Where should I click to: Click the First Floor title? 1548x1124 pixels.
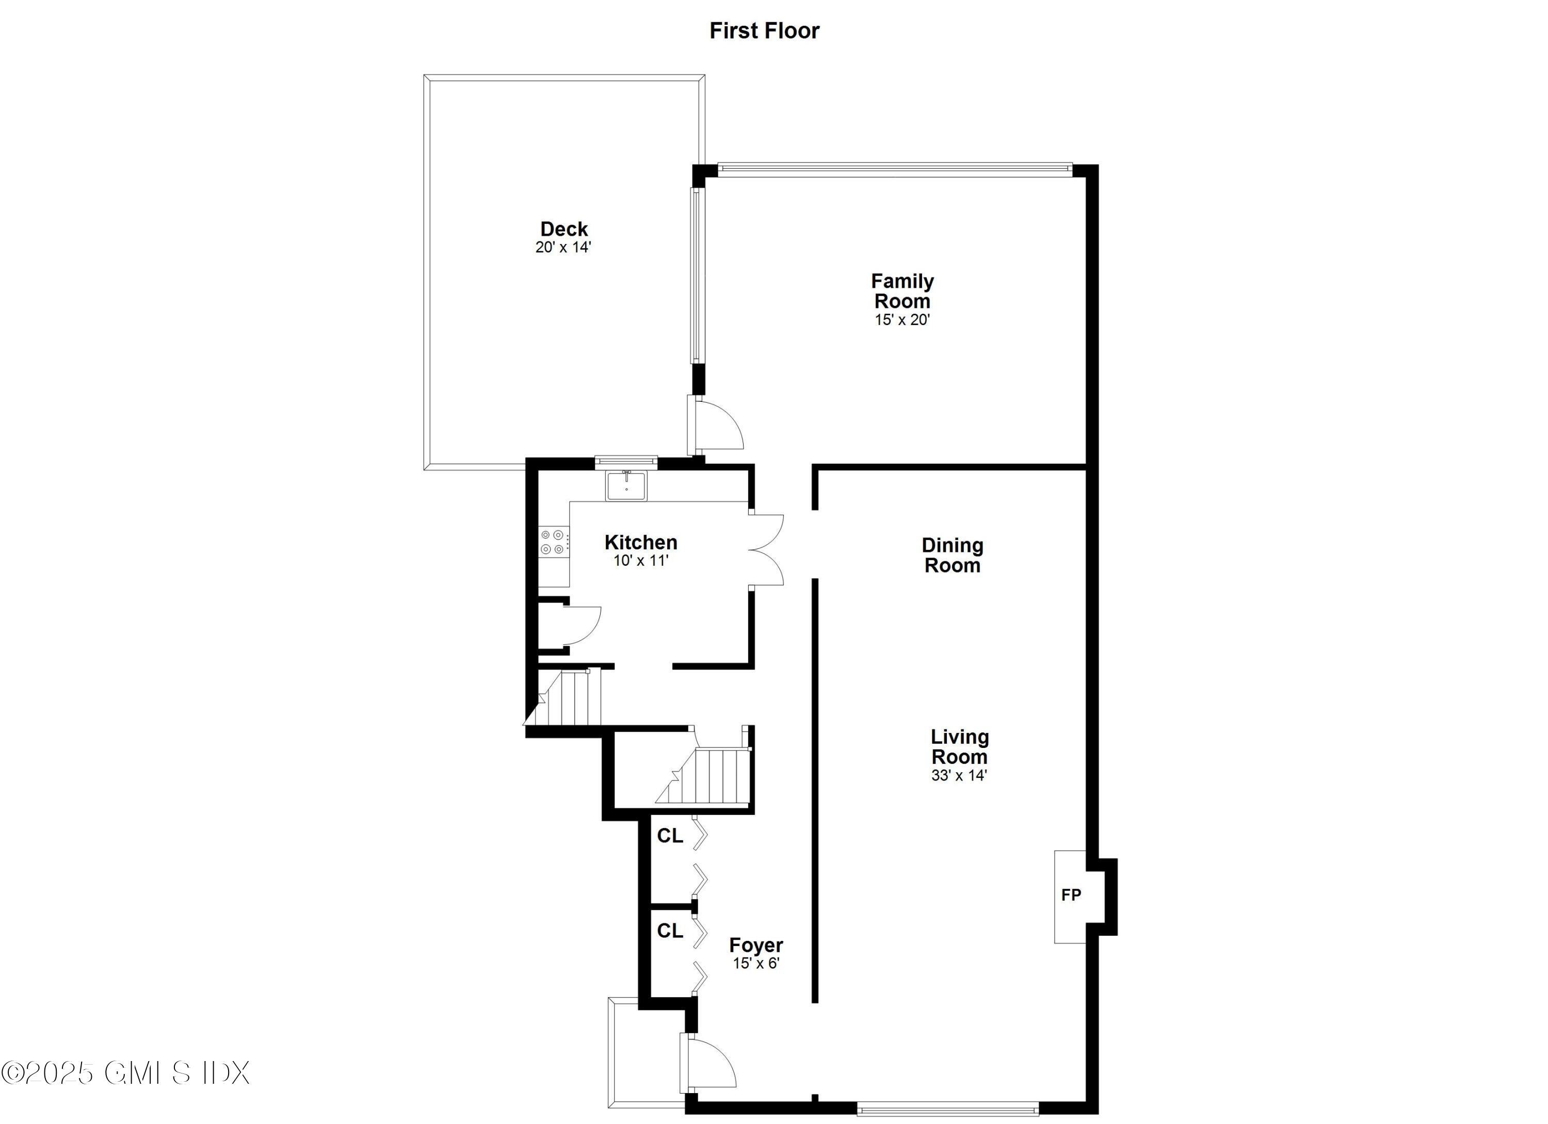[x=764, y=31]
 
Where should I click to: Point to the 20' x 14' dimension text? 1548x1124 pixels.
[x=563, y=248]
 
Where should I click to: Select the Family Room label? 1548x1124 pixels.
[x=902, y=291]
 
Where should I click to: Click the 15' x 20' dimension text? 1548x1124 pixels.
[x=902, y=320]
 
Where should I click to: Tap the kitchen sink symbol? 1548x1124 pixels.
[x=626, y=485]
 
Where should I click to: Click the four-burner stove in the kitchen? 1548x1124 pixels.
[x=552, y=542]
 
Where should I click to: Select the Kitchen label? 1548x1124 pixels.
[x=641, y=543]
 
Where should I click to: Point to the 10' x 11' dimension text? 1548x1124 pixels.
[x=640, y=561]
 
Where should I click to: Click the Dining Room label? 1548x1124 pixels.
[x=952, y=555]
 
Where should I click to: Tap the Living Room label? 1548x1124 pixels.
[x=960, y=746]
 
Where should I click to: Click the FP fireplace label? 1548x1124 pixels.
[x=1071, y=894]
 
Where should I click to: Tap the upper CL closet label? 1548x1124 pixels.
[x=670, y=836]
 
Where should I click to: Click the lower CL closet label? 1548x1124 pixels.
[x=670, y=931]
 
